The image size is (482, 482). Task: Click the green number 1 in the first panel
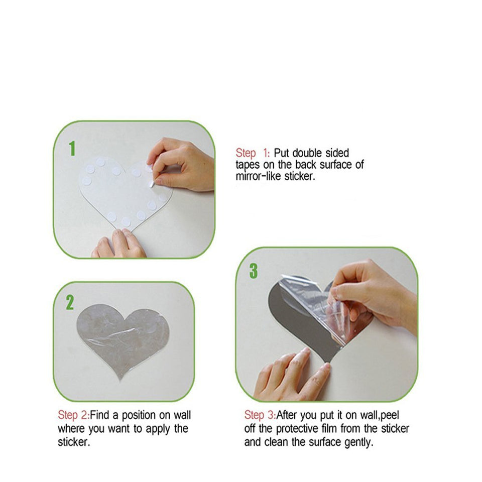click(x=72, y=149)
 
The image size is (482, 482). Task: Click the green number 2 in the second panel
click(x=70, y=302)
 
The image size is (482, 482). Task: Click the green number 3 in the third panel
click(x=254, y=271)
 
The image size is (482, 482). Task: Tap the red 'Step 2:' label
click(x=73, y=415)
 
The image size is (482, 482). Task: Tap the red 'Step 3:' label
click(x=260, y=415)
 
